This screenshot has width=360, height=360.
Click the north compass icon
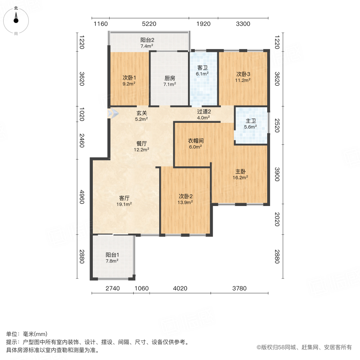click(16, 19)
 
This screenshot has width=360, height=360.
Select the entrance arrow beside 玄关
click(113, 114)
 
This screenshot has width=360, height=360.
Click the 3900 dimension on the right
click(277, 174)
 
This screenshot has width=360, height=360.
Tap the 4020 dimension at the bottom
click(180, 288)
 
